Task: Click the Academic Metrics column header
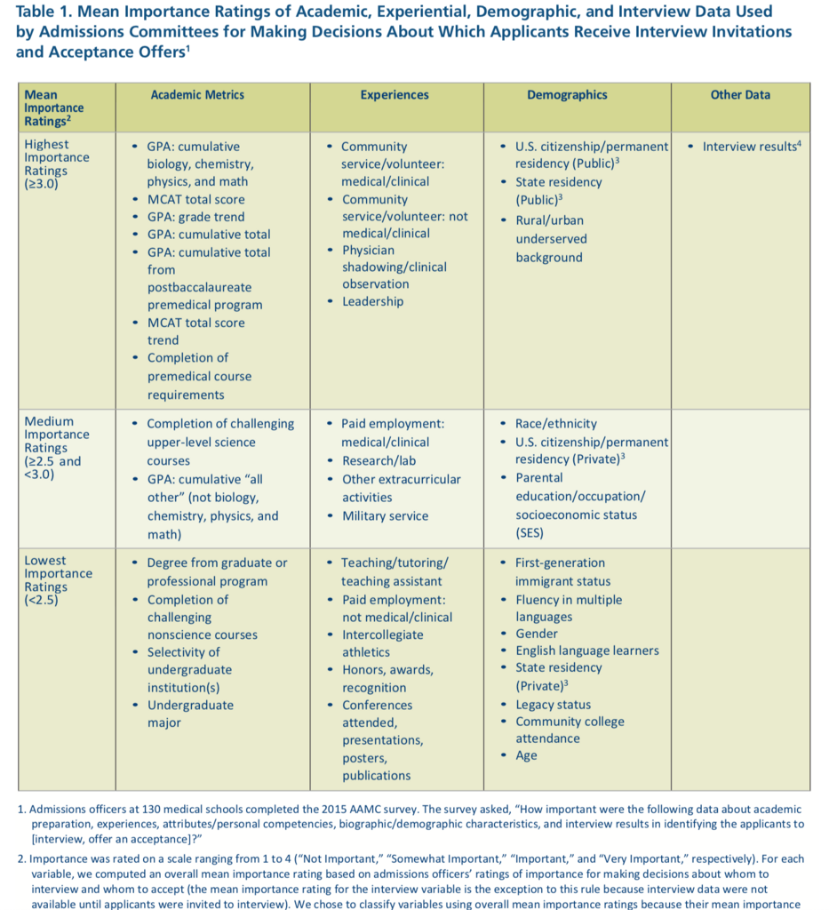197,95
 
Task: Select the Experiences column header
395,95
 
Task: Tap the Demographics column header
567,95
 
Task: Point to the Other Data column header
740,95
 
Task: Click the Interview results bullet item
752,147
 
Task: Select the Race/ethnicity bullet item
556,424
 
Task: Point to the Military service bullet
385,516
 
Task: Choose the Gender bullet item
537,634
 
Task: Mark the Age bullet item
526,755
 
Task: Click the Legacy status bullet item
553,705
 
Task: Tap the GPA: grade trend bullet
195,217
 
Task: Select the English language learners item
587,651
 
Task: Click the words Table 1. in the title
44,12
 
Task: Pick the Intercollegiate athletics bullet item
382,643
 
